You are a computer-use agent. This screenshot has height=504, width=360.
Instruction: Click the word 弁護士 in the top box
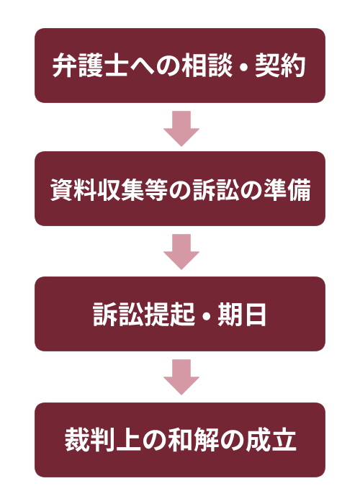tap(90, 66)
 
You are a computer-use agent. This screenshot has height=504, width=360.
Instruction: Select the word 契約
tap(280, 66)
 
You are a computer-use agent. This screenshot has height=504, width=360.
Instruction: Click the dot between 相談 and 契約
tap(243, 66)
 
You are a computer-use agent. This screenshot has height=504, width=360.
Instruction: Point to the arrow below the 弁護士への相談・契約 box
tap(181, 129)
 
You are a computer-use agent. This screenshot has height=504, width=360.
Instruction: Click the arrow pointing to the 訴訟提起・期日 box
tap(181, 252)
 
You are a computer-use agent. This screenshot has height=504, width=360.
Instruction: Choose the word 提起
tap(169, 315)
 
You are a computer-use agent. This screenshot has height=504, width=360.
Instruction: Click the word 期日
tap(242, 315)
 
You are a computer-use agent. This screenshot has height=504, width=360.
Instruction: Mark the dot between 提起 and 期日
tap(207, 315)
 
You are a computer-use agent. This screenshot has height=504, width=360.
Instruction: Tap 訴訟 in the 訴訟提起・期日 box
tap(118, 315)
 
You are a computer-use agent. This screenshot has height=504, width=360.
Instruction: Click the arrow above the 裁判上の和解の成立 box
tap(181, 377)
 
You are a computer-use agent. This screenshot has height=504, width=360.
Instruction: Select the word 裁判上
tap(102, 440)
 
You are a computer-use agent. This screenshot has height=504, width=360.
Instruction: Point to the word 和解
tap(193, 440)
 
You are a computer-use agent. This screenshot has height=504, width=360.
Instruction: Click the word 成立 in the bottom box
tap(271, 440)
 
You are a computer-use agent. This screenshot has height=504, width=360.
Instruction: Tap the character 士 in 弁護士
tap(116, 66)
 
